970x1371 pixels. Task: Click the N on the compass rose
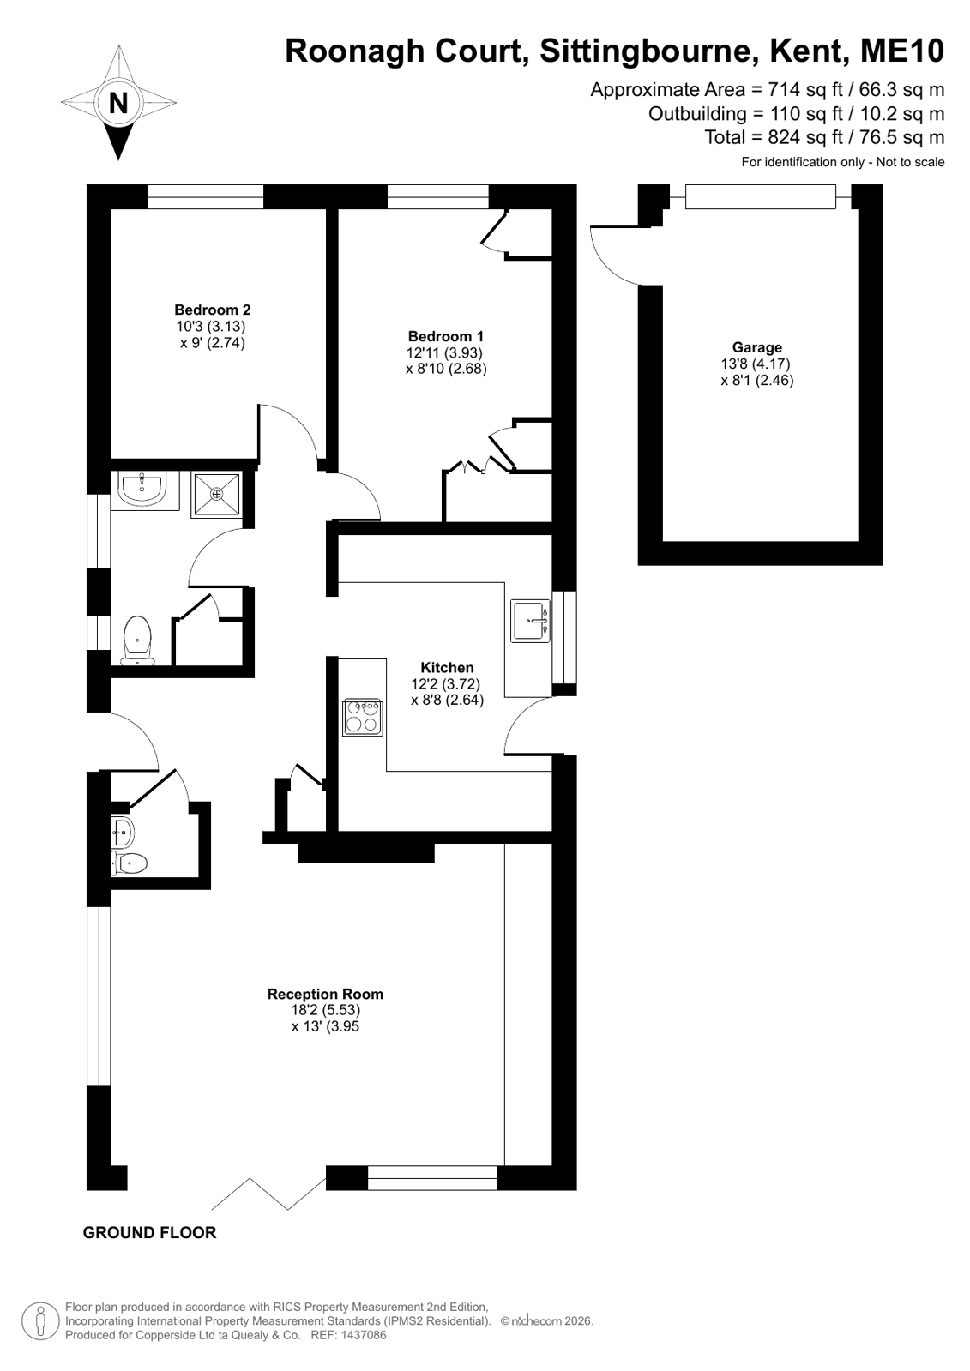118,103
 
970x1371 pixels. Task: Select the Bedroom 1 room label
446,336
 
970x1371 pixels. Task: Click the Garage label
757,347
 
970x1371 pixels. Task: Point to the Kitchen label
447,667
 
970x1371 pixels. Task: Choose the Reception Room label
325,994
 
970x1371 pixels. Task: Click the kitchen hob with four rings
363,717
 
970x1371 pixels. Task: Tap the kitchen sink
530,621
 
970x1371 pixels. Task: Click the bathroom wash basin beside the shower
142,490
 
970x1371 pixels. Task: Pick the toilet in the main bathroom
138,640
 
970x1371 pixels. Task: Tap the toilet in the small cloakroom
130,863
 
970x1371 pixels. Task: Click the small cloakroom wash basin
123,831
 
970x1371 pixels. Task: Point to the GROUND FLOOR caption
149,1232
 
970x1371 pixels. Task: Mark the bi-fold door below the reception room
268,1194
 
